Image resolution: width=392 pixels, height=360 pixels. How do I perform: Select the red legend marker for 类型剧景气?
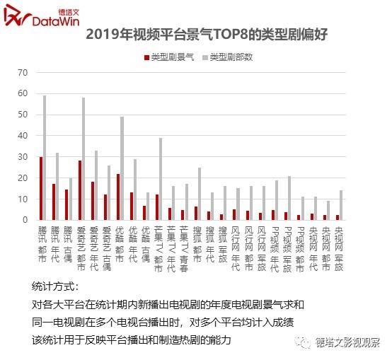point(146,56)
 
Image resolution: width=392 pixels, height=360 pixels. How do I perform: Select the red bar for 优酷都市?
point(118,196)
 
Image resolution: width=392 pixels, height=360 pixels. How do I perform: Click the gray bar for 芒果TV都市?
point(161,178)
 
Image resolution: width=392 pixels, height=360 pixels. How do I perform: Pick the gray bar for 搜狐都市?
point(200,193)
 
